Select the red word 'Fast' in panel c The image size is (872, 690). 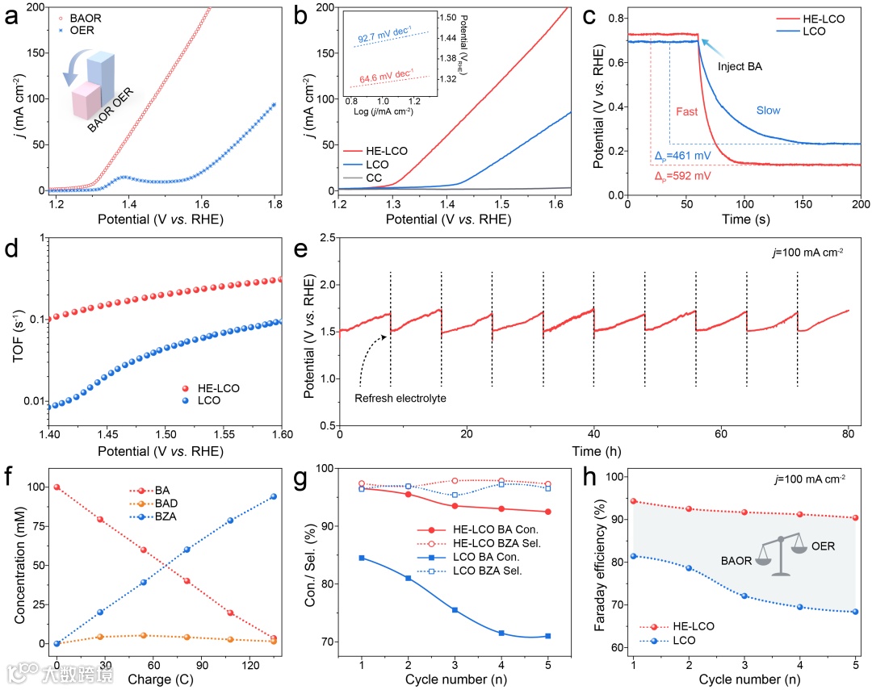click(687, 112)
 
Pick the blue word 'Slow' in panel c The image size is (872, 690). click(768, 111)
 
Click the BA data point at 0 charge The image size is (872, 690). click(57, 487)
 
